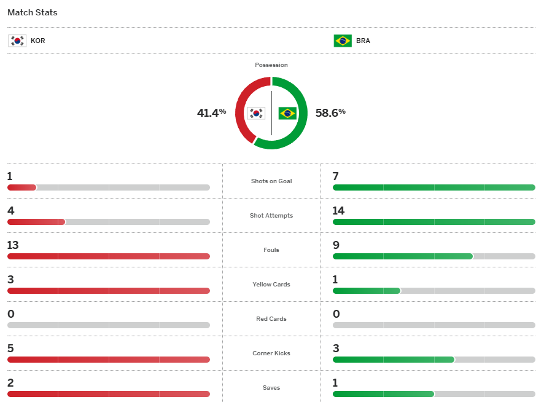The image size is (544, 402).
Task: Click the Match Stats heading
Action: coord(33,12)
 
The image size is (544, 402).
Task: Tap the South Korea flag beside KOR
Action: coord(17,41)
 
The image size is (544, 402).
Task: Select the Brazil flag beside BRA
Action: coord(342,41)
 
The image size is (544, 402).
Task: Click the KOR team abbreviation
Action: coord(38,41)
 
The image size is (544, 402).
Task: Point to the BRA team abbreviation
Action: coord(363,41)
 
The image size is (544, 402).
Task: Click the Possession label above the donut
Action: coord(271,65)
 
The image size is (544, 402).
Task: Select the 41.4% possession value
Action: coord(211,112)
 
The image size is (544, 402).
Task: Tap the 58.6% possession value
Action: coord(330,112)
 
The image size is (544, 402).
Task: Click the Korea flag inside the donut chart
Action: coord(256,113)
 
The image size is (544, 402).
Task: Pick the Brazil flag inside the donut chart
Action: coord(287,113)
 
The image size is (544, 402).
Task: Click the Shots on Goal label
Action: coord(271,181)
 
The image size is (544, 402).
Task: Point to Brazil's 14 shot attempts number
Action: coord(338,211)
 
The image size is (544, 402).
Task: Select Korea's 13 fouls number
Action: coord(13,245)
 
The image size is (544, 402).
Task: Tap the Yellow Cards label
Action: coord(271,285)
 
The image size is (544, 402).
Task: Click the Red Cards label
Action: coord(271,319)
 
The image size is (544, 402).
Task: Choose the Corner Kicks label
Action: coord(271,353)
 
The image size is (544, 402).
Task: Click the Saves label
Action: coord(271,388)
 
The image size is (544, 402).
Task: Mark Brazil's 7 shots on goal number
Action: coord(336,176)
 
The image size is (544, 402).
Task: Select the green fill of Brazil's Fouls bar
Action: coord(402,256)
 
